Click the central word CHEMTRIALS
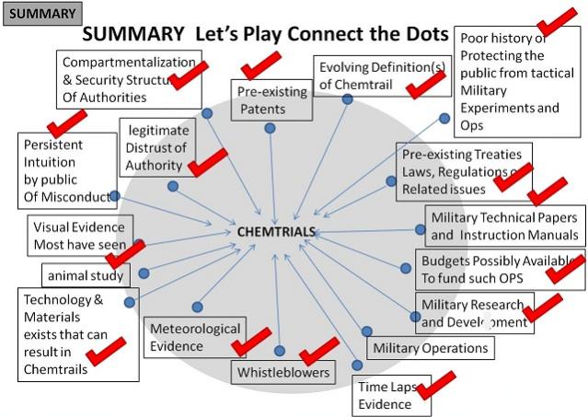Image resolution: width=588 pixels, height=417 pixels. click(276, 232)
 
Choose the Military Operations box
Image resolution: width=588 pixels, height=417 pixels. click(429, 348)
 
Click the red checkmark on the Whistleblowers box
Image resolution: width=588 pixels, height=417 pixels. click(320, 350)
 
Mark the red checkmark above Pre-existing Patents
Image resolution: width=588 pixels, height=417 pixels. click(260, 65)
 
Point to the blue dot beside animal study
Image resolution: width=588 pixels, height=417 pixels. click(143, 273)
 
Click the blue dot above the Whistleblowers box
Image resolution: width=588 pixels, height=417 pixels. click(279, 351)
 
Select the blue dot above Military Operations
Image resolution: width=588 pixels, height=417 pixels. click(366, 331)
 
